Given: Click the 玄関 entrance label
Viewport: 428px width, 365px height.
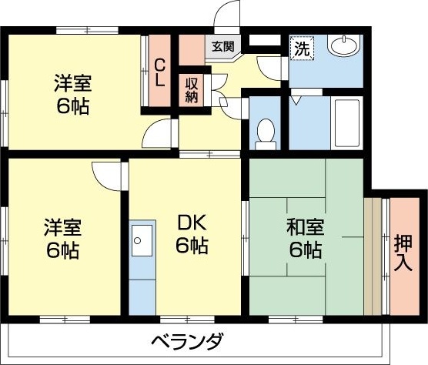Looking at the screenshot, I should (x=224, y=47).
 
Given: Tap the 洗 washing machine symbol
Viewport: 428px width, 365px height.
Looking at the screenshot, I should (x=303, y=48).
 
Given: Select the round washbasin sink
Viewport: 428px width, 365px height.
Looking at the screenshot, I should (x=343, y=46).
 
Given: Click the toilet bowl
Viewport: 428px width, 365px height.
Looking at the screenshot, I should (x=266, y=132).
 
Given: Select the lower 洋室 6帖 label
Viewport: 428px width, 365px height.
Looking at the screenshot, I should (x=62, y=239).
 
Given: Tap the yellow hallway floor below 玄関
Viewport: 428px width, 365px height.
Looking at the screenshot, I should (x=231, y=73).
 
